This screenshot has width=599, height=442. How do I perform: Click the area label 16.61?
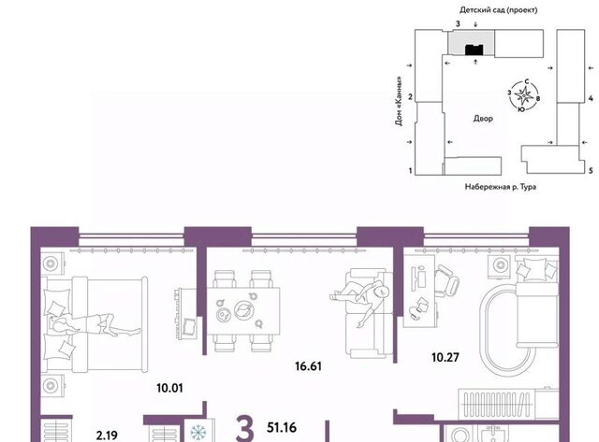tap(308, 366)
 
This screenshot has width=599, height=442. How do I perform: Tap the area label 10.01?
tap(169, 388)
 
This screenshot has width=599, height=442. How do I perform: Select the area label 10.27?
tap(446, 358)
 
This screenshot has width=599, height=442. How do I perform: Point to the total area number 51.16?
tap(282, 427)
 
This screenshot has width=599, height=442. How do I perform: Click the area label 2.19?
tap(107, 435)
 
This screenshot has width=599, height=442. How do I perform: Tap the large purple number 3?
tap(245, 429)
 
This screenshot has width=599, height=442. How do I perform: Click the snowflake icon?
tap(198, 433)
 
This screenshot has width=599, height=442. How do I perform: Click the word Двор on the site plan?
tap(483, 119)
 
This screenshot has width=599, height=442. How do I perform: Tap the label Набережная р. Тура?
tap(500, 187)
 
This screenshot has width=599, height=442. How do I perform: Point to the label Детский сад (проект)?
tap(498, 10)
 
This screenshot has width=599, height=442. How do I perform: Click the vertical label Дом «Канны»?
tap(399, 102)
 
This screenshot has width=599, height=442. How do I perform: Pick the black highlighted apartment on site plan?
tap(475, 50)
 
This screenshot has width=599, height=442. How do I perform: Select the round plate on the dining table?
tap(242, 309)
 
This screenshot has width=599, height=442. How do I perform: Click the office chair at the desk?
tap(446, 281)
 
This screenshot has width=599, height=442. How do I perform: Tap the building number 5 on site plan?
tap(591, 170)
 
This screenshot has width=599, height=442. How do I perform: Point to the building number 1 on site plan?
tap(411, 170)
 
